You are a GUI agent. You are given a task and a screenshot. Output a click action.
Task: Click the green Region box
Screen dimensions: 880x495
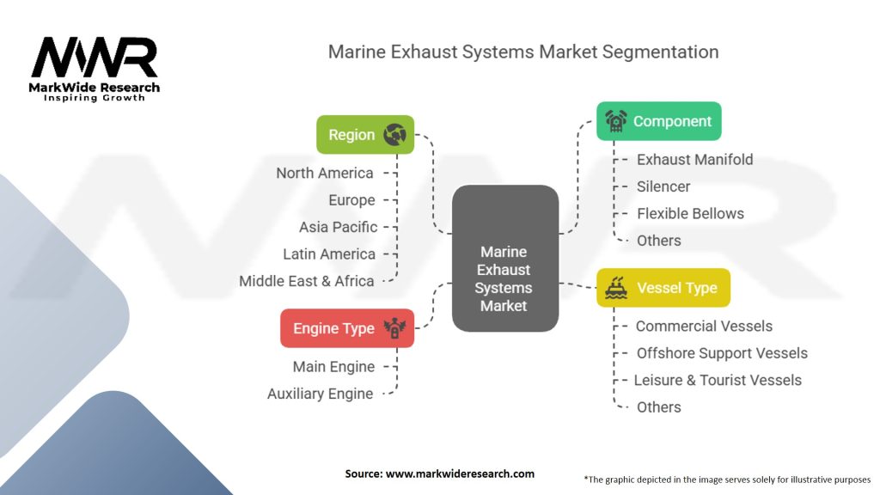(365, 135)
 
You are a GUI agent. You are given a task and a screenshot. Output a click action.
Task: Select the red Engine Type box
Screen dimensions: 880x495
(347, 328)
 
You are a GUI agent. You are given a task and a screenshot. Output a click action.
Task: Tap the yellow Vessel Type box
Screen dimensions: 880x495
(663, 288)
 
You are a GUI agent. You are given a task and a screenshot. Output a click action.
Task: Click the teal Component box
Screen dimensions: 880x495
(659, 121)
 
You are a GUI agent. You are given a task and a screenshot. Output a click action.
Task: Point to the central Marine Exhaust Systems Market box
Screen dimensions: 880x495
(505, 258)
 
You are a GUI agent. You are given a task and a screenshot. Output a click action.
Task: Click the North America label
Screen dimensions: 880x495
(324, 173)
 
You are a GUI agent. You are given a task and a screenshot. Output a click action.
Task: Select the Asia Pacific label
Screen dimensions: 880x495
(338, 227)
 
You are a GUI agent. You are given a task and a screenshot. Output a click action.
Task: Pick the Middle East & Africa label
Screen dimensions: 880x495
(307, 281)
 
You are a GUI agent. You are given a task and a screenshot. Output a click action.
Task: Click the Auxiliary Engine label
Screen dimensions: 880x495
(320, 394)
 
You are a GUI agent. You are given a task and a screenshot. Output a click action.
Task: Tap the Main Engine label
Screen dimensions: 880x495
(333, 366)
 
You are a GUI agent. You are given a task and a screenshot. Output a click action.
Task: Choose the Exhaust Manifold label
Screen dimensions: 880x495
(694, 159)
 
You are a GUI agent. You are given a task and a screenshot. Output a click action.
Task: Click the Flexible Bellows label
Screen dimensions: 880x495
(690, 213)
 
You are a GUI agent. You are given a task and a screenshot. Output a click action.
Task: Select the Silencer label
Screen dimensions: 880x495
(663, 186)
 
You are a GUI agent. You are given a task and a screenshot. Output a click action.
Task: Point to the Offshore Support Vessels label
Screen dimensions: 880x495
(722, 353)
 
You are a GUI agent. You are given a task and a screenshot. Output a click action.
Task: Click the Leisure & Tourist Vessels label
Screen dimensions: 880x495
(718, 380)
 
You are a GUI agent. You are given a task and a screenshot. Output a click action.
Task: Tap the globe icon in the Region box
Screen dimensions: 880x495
(395, 135)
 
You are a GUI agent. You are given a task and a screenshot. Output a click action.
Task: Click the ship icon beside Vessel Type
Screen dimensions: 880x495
(615, 288)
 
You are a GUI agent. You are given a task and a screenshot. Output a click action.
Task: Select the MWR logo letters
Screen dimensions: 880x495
(95, 57)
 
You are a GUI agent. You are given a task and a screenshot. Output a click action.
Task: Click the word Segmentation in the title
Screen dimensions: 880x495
(660, 52)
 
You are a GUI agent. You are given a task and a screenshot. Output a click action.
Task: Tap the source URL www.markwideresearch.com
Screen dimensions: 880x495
(460, 474)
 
